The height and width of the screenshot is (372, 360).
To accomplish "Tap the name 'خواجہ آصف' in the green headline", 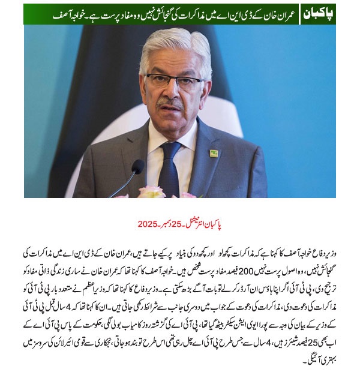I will tap(51, 13).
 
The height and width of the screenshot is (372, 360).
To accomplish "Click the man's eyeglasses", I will tap(173, 81).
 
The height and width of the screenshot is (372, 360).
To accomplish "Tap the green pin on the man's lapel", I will tap(214, 153).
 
